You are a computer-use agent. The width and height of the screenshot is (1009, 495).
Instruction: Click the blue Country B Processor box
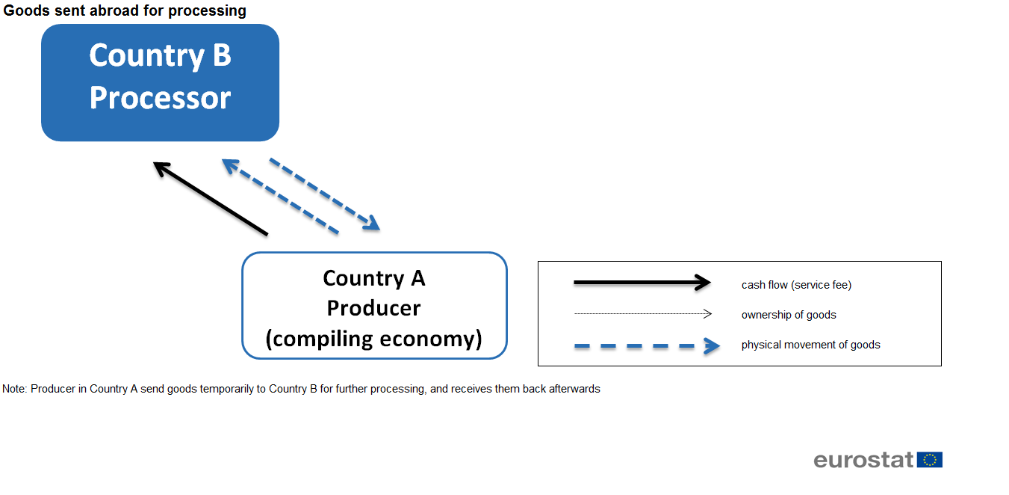(x=160, y=82)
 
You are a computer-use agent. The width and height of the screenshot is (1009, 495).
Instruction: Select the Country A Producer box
(x=374, y=306)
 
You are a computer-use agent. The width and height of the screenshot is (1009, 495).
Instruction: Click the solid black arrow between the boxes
(x=211, y=198)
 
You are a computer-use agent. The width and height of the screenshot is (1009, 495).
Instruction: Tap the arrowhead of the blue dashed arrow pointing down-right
(x=371, y=223)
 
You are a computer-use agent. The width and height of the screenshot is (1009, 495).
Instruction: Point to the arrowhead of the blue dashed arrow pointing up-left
(x=231, y=166)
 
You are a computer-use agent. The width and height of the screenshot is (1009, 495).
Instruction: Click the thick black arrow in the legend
(x=642, y=283)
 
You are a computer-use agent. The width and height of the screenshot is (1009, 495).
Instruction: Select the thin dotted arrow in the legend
(x=643, y=313)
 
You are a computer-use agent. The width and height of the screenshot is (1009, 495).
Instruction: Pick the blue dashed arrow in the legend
(x=647, y=345)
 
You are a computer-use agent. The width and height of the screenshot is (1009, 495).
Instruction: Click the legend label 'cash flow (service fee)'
(x=796, y=285)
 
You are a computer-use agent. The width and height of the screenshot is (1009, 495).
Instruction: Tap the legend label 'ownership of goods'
(x=789, y=315)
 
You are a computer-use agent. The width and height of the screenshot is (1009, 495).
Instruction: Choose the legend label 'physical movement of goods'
(x=811, y=345)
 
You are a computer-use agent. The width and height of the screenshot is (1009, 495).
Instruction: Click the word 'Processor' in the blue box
(x=160, y=98)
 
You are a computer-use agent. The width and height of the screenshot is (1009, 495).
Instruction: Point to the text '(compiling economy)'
(x=374, y=339)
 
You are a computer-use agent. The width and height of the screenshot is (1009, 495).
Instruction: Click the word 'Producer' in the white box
(x=374, y=308)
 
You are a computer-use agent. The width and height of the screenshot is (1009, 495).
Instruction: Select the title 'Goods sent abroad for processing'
(x=125, y=10)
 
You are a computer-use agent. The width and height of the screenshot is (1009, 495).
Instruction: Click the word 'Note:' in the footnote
(x=15, y=389)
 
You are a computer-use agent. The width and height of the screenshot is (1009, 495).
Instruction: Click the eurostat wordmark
(x=863, y=460)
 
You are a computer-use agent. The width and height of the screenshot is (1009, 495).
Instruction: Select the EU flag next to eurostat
(x=930, y=460)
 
